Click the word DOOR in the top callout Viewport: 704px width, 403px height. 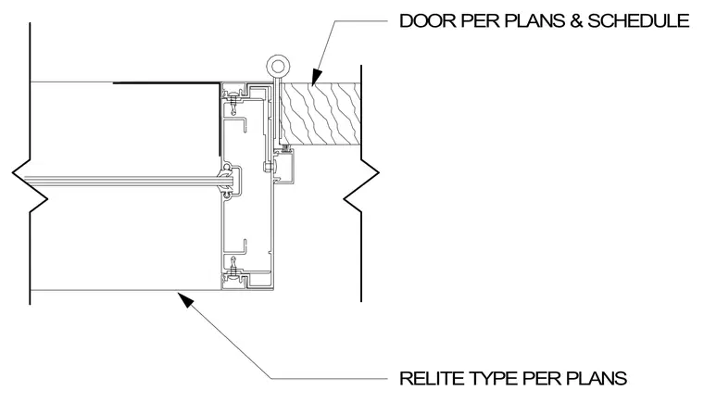tap(427, 21)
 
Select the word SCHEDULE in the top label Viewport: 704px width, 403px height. tap(638, 21)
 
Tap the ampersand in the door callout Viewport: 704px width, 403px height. tap(576, 21)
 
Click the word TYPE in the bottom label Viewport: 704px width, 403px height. tap(494, 378)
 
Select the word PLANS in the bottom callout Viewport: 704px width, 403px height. tap(596, 378)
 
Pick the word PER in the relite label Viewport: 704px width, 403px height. tap(542, 378)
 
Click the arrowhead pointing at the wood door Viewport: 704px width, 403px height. tap(316, 77)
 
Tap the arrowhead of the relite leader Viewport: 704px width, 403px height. tap(185, 299)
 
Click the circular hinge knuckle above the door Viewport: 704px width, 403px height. tap(278, 67)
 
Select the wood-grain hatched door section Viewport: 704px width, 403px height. tap(320, 114)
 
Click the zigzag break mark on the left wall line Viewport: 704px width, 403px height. tap(30, 186)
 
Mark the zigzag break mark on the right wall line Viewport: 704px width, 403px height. tap(361, 186)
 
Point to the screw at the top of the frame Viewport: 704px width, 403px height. tap(233, 102)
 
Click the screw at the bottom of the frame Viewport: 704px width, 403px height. tap(233, 267)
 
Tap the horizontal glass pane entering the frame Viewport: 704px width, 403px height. tap(121, 181)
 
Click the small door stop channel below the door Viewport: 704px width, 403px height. tap(284, 166)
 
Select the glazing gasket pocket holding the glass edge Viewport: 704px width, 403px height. tap(231, 180)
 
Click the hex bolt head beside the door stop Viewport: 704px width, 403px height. tap(267, 168)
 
